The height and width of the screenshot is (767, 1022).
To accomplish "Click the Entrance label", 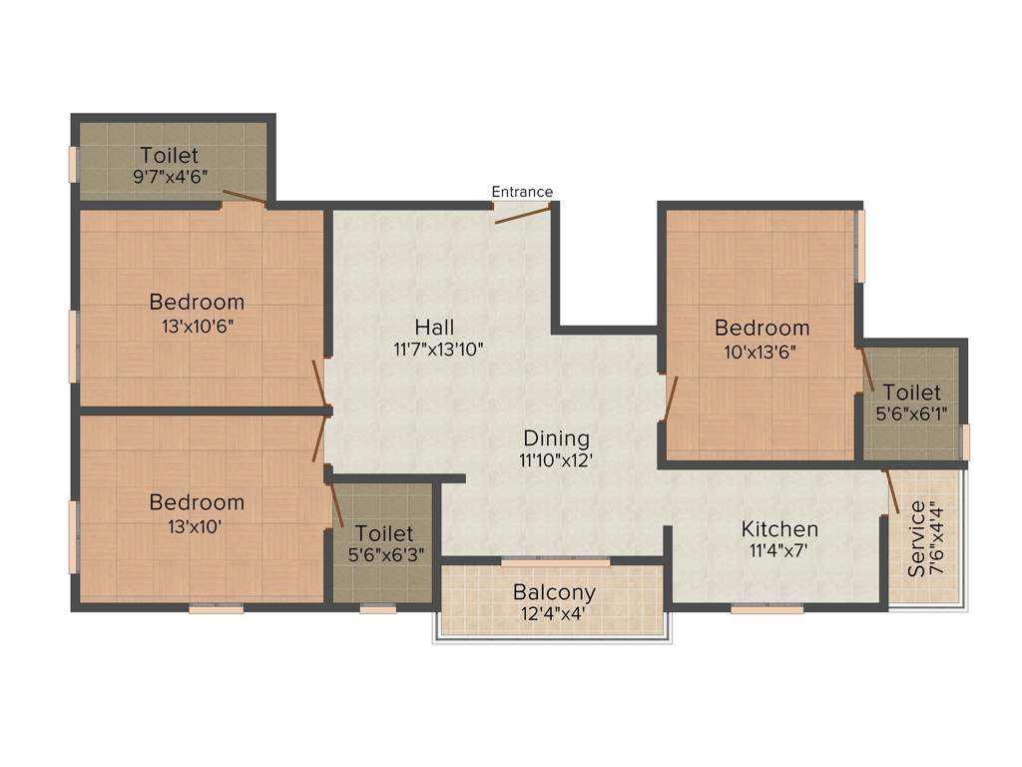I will [522, 192].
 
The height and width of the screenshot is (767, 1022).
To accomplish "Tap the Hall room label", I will [435, 327].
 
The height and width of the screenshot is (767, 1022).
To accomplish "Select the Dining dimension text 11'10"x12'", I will [556, 460].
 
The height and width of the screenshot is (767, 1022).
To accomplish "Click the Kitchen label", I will [779, 528].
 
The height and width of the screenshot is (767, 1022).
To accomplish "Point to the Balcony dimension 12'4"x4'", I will [554, 614].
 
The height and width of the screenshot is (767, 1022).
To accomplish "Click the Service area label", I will [916, 539].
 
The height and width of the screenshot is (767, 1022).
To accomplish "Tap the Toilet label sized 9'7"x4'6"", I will [169, 156].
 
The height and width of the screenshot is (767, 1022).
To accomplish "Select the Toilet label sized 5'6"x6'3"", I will [383, 534].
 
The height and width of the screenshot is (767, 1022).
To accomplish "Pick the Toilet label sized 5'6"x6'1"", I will [911, 392].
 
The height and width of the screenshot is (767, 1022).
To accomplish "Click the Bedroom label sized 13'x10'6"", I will [197, 302].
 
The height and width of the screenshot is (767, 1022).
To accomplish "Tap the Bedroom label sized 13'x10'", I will [197, 502].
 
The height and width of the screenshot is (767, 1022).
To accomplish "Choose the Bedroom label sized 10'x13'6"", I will [762, 328].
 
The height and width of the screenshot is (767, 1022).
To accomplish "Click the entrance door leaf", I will [521, 213].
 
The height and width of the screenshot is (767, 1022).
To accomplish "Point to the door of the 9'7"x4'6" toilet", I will [244, 197].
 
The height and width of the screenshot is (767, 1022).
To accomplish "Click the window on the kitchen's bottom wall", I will [766, 608].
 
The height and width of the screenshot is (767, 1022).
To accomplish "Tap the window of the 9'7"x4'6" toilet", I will [73, 165].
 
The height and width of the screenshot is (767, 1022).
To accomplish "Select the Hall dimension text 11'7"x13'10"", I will [439, 349].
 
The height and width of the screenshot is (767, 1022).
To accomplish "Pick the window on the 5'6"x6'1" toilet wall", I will [964, 440].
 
